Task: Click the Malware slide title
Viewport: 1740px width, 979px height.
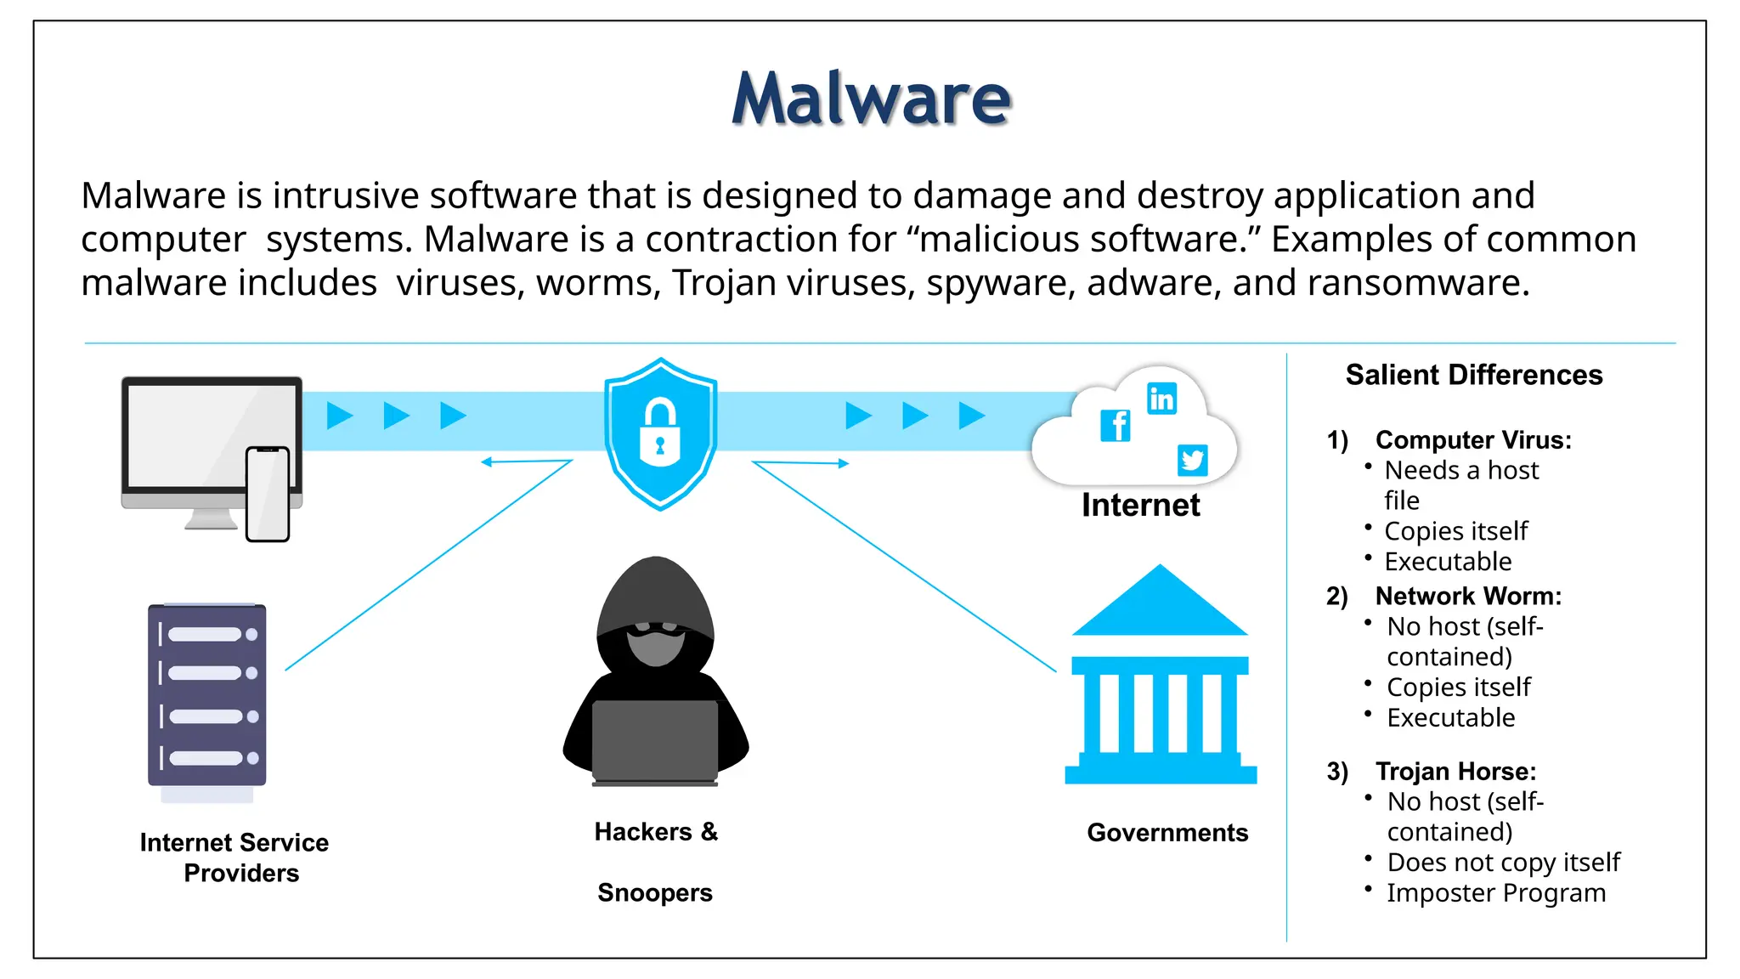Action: point(871,99)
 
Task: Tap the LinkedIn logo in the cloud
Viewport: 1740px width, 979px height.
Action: point(1161,399)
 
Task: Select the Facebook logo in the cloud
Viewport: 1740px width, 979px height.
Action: point(1116,425)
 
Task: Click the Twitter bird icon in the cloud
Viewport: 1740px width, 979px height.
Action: point(1192,460)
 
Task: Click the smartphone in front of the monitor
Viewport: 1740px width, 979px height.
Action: point(268,493)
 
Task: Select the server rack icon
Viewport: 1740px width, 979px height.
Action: point(207,695)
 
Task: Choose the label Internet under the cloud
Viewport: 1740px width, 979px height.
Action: point(1140,506)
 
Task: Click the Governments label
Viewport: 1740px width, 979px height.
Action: point(1167,833)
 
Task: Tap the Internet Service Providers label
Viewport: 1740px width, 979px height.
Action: point(234,857)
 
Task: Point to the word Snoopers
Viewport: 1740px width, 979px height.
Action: point(655,893)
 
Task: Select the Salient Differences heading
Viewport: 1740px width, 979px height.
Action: point(1474,375)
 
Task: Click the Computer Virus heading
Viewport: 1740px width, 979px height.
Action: point(1473,440)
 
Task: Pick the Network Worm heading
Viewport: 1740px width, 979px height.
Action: point(1468,597)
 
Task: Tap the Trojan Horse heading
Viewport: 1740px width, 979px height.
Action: point(1455,772)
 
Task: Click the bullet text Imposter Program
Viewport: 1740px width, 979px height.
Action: point(1496,893)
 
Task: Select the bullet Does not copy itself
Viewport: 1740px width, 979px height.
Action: point(1503,863)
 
